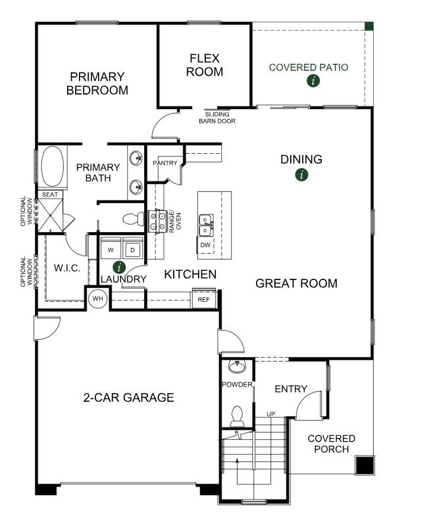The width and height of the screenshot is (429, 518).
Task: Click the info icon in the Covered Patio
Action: coord(313,81)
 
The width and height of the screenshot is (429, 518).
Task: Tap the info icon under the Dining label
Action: coord(301,174)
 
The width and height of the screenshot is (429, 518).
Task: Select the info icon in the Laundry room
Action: coord(119,267)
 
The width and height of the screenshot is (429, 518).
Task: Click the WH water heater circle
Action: coord(98,298)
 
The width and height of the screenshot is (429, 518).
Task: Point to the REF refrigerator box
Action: coord(204,299)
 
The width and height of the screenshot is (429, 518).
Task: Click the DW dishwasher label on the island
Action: coord(205,245)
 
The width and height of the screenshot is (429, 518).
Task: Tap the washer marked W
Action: coord(111,249)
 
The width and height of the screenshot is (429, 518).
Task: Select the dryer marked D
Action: coord(133,249)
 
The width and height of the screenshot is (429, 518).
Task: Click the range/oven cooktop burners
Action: coord(157,221)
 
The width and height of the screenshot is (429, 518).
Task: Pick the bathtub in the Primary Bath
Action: coord(52,167)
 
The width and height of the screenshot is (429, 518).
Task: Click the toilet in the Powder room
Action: coord(237,416)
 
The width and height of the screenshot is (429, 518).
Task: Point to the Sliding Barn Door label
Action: coord(217,118)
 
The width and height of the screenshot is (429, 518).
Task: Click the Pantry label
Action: coord(165,163)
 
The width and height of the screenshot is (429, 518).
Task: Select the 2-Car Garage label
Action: coord(129,397)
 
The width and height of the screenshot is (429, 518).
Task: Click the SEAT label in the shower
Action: coord(50,195)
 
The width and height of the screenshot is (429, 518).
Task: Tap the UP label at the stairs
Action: coord(271,414)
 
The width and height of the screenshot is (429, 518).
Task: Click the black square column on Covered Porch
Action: coord(365,465)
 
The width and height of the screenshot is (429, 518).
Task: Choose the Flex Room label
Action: coord(205,65)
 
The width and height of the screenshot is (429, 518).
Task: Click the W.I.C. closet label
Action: coord(67,268)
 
